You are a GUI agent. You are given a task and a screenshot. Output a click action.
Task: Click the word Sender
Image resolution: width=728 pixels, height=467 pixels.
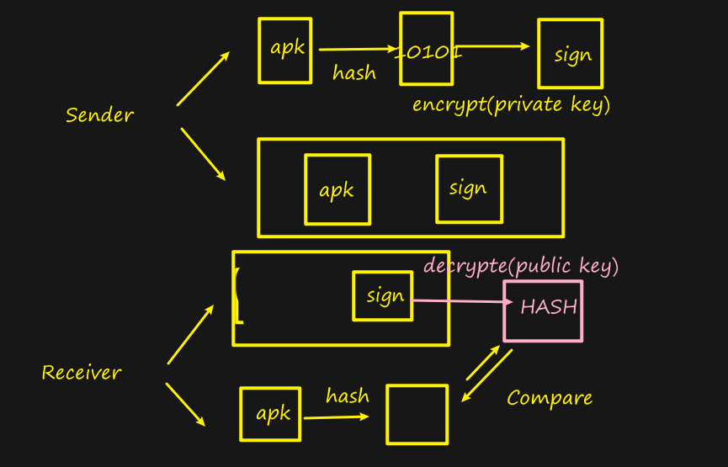pos(99,114)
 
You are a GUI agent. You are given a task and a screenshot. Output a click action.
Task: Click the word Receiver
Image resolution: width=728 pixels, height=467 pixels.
pos(82,372)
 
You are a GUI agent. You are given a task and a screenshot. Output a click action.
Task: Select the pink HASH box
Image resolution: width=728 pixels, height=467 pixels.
pos(543,310)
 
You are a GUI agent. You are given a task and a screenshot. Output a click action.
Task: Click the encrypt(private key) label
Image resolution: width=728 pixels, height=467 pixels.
pos(511,105)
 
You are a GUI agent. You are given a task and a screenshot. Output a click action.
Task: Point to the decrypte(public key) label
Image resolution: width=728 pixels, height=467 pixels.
pos(521,266)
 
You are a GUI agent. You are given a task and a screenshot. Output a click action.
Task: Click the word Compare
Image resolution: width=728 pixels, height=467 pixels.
pos(550,398)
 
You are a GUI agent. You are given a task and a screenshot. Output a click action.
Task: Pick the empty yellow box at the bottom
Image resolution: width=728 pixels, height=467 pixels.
pos(417,414)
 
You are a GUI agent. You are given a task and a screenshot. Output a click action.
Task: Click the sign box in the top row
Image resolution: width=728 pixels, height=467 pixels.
pos(570,54)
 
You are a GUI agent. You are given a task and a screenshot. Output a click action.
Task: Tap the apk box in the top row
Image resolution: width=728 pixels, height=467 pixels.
pos(285,50)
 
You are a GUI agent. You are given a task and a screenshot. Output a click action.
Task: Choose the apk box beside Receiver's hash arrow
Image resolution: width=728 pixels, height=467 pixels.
pos(270,413)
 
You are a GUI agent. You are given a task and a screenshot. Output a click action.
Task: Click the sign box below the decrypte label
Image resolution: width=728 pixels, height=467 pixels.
pos(383,295)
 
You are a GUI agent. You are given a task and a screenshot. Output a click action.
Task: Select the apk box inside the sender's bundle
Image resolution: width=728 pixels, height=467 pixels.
pos(337,189)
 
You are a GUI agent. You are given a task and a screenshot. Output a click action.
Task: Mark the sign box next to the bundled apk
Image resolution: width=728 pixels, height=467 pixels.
pos(469,188)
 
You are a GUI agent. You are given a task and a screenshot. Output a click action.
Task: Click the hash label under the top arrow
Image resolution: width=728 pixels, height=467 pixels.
pos(353,73)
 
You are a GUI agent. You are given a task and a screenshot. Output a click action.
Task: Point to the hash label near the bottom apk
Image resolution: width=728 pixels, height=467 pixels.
pos(347,395)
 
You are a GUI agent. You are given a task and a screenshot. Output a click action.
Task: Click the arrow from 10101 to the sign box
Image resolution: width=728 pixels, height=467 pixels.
pos(495,47)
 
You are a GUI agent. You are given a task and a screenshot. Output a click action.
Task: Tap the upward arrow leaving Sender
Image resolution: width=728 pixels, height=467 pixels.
pos(203,79)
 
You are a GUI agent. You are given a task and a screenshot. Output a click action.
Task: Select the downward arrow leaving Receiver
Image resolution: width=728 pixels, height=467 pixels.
pos(186,405)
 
